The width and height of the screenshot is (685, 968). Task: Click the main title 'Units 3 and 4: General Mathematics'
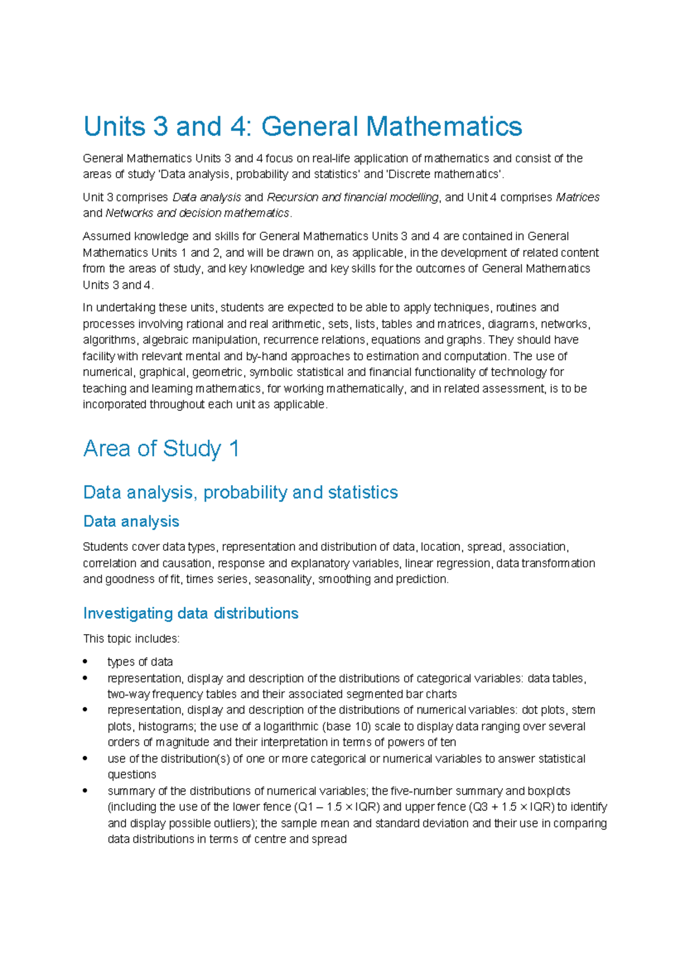(303, 127)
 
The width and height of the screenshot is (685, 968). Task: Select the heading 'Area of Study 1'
(161, 449)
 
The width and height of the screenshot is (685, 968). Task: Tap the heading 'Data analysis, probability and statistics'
(240, 492)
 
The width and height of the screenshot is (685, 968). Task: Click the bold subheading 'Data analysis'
(131, 521)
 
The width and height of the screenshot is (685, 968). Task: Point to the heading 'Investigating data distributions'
(191, 613)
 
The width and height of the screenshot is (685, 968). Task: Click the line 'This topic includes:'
(131, 639)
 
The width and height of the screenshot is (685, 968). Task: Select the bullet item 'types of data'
(140, 662)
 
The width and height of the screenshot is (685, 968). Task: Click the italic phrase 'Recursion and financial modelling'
(352, 197)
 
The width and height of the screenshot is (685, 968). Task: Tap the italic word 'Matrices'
(577, 197)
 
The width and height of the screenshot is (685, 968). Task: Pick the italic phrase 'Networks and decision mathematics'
(198, 213)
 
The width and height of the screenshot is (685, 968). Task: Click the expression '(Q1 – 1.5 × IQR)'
(337, 807)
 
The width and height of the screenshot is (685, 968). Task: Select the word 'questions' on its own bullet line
(132, 775)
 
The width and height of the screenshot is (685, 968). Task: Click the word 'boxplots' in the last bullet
(549, 791)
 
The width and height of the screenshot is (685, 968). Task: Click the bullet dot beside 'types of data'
(85, 662)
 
